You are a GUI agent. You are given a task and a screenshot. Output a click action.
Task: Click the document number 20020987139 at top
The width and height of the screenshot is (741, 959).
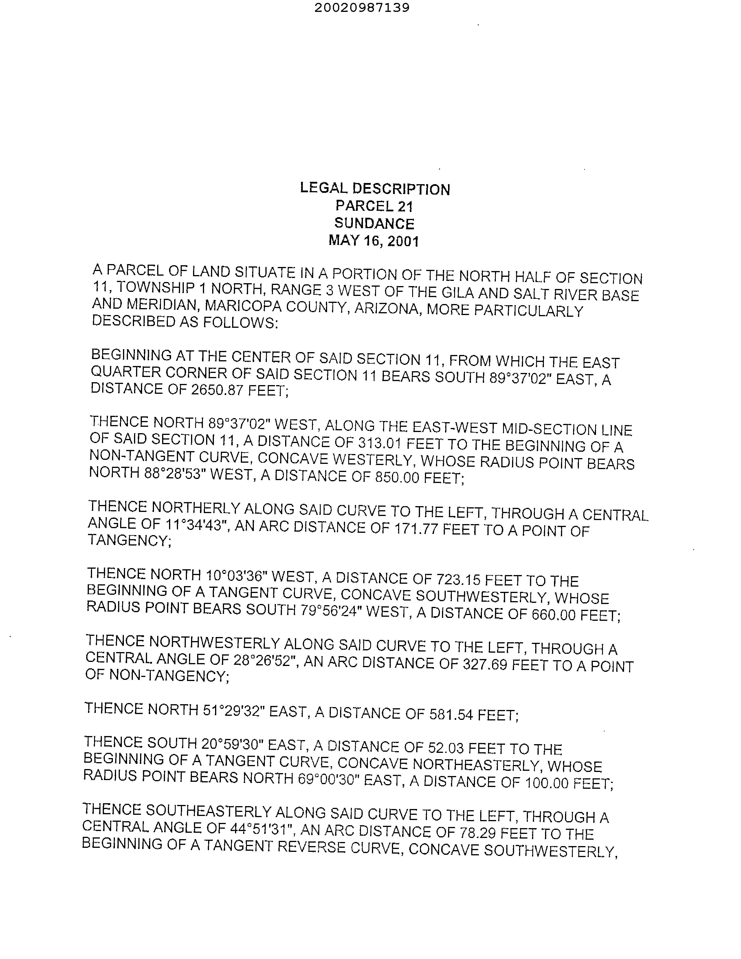[362, 8]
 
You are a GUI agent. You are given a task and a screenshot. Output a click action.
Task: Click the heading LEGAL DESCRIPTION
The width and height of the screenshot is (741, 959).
[375, 189]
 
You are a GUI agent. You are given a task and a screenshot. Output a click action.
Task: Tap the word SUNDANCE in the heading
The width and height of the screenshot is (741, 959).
[374, 224]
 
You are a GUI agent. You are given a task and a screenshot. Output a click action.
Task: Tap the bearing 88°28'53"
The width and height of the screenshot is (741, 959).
[174, 473]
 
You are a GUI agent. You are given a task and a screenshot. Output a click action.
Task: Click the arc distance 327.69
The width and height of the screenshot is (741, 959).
[485, 665]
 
